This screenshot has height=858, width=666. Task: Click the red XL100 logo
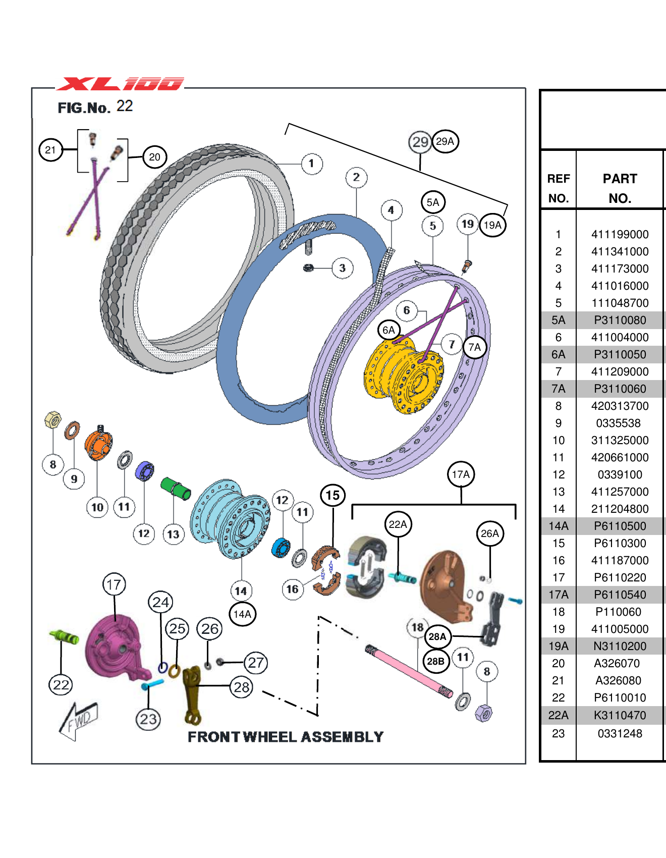tap(120, 84)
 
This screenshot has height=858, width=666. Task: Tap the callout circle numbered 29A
tap(445, 141)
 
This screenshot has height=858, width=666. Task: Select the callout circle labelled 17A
tap(461, 474)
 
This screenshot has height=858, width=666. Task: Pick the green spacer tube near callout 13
tap(176, 488)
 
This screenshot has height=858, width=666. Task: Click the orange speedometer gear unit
tap(98, 444)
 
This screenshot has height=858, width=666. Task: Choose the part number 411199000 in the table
tap(620, 234)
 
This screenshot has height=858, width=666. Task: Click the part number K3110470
tap(620, 715)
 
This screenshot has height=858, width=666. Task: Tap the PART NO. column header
tap(620, 188)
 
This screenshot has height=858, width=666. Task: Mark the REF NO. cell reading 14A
tap(558, 526)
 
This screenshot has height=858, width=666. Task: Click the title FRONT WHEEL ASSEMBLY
tap(286, 737)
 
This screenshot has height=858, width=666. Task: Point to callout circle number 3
tap(342, 268)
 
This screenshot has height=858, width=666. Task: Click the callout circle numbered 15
tap(332, 495)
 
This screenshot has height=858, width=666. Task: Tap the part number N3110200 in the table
tap(620, 646)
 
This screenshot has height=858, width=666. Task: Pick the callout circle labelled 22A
tap(398, 524)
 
